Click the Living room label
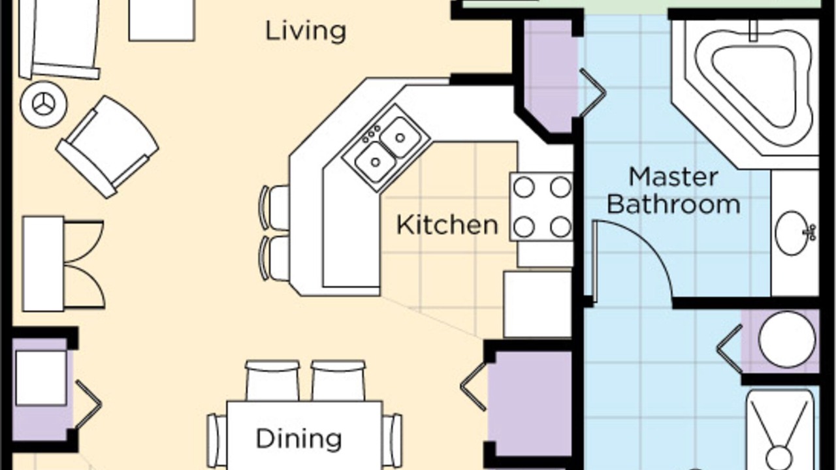point(306,31)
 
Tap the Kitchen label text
point(447,225)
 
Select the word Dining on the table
point(298,439)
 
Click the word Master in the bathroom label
point(673,177)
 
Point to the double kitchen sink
point(387,148)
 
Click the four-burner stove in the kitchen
point(541,207)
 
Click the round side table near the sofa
point(44,104)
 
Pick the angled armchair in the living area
point(108,147)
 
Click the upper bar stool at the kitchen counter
point(274,208)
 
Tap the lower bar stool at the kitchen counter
point(274,258)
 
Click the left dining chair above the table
point(272,381)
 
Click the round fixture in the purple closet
point(787,340)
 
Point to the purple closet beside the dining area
point(530,403)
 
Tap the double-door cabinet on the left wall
point(63,264)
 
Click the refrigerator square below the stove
point(538,304)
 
